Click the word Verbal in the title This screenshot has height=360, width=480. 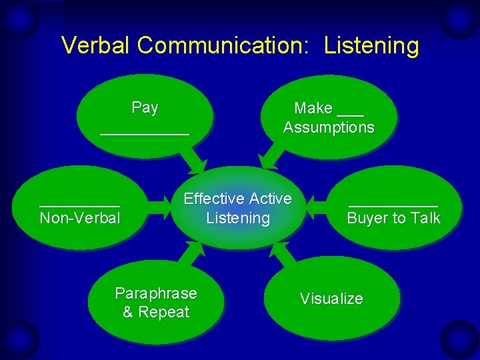(96, 45)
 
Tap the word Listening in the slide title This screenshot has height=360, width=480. (371, 45)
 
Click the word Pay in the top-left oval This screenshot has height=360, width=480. (145, 107)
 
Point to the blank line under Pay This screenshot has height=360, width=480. (145, 133)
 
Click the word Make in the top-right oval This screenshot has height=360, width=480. (313, 108)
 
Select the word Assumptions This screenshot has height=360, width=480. (329, 127)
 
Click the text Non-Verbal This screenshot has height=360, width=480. (80, 218)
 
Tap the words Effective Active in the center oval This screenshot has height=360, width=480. (237, 199)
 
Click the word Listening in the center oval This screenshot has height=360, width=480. (238, 218)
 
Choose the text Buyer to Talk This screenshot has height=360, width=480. (393, 218)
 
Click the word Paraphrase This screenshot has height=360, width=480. (156, 293)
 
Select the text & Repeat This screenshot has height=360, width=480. (156, 312)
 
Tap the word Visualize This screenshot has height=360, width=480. (331, 299)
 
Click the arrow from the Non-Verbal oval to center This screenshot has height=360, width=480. (157, 208)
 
